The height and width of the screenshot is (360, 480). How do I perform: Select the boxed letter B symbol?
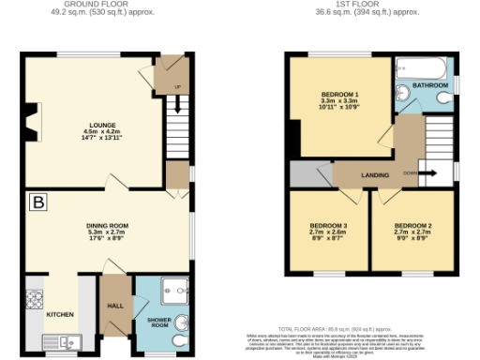[39, 202]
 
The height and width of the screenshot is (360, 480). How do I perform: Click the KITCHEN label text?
[60, 313]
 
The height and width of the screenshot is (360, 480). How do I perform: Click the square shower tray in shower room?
[172, 290]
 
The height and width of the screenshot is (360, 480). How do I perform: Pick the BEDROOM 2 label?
[412, 226]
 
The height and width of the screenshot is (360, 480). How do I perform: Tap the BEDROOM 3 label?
[330, 226]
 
